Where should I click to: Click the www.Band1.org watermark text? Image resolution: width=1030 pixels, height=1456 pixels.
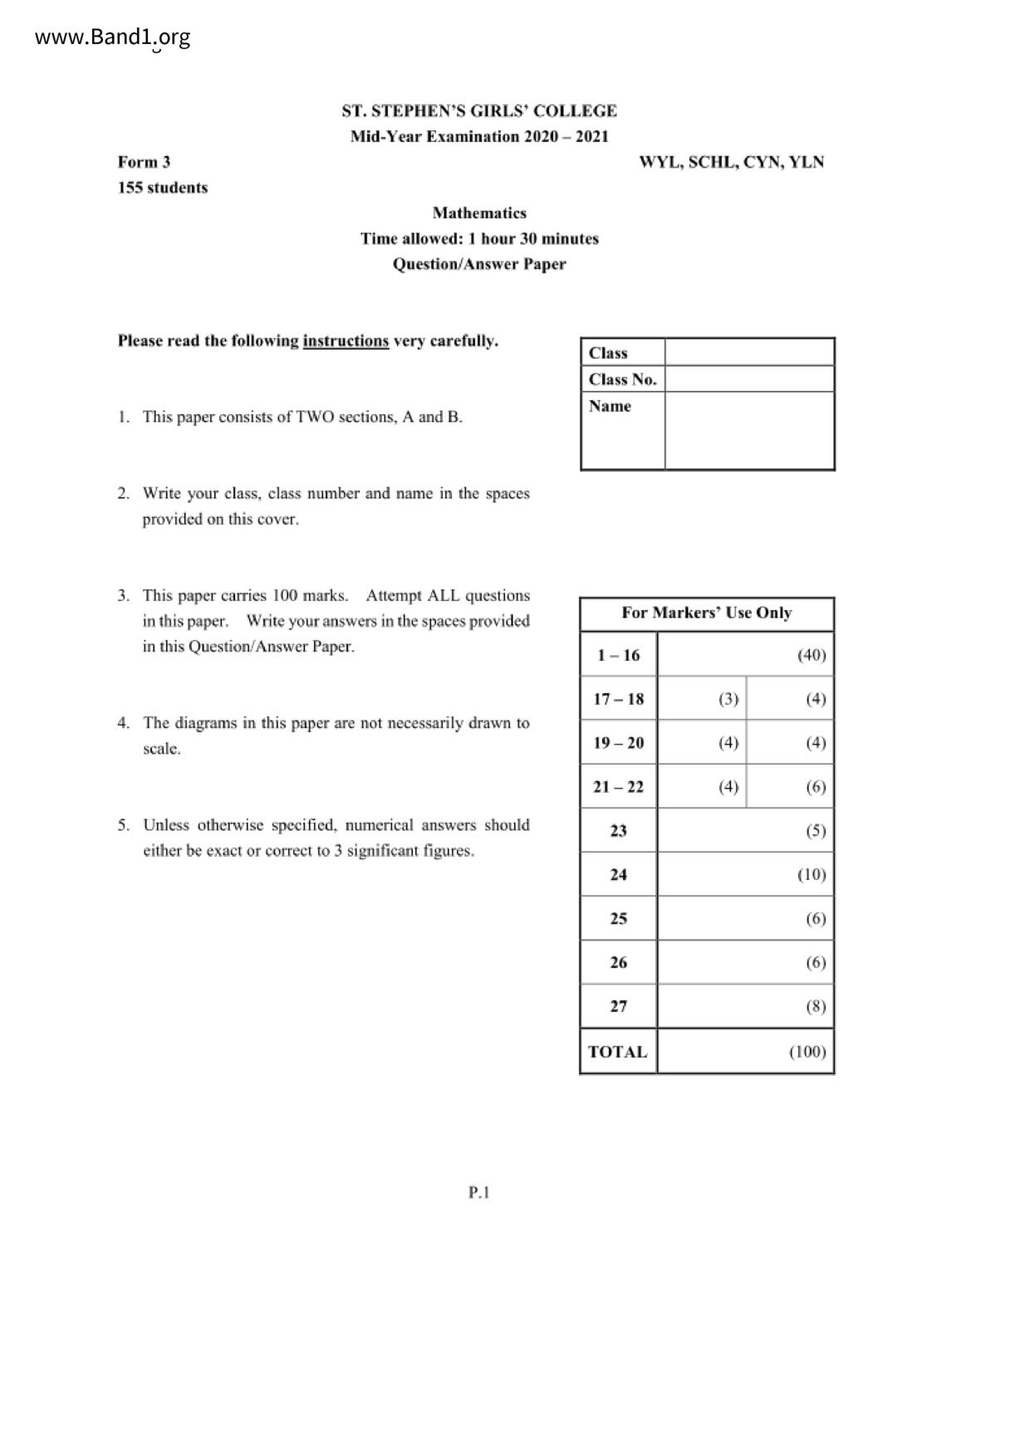[113, 37]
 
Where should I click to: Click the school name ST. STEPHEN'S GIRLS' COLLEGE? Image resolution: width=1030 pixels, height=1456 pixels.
[479, 111]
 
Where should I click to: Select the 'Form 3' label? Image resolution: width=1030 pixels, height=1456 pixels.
[144, 162]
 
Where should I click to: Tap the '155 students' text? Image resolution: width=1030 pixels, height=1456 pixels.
[163, 188]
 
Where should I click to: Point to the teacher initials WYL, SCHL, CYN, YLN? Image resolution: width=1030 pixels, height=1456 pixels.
[731, 162]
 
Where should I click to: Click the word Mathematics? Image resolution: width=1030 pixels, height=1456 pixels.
[479, 213]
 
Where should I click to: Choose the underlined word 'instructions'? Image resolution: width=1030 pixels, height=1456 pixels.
[346, 340]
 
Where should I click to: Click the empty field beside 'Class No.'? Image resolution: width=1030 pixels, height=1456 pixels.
[749, 379]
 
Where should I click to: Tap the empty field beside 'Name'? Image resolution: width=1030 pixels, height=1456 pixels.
[749, 430]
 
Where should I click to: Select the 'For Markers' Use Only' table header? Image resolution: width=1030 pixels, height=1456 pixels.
[706, 613]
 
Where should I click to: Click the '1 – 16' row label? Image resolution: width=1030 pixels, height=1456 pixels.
[619, 655]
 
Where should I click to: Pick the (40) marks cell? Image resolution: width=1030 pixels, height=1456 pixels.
[811, 655]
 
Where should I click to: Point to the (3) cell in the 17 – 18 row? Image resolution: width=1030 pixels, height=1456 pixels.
[728, 699]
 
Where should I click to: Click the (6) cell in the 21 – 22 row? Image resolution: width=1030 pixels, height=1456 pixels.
[815, 787]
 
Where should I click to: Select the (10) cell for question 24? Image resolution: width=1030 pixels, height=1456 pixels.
[811, 874]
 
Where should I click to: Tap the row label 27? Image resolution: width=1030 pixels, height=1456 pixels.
[619, 1006]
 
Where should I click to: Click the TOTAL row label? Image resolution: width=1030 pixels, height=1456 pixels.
[618, 1052]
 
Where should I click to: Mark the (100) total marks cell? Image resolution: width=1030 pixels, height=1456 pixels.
[807, 1052]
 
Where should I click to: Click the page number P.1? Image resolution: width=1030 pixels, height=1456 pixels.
[479, 1193]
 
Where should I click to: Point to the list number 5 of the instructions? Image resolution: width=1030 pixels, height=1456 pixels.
[123, 825]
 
